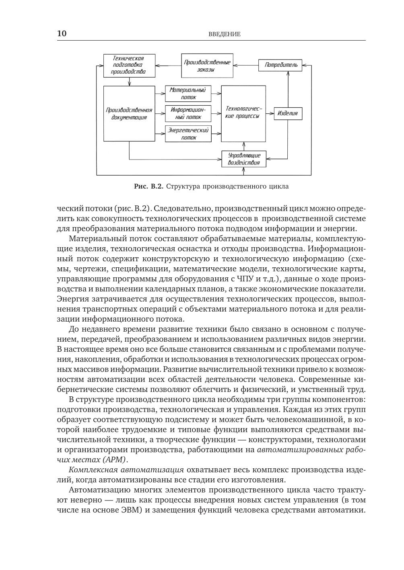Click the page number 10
click(x=62, y=33)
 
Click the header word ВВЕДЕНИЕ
click(x=224, y=34)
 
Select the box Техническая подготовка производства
click(x=129, y=65)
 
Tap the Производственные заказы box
click(x=207, y=66)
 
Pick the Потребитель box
click(x=281, y=65)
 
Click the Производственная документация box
click(x=129, y=113)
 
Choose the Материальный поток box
click(x=188, y=94)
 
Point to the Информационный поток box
click(x=188, y=113)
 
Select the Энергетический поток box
click(x=188, y=134)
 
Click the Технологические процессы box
click(x=243, y=113)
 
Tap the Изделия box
click(x=288, y=113)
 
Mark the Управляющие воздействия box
click(x=244, y=159)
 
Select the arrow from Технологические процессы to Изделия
click(x=270, y=114)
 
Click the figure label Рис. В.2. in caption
click(x=148, y=187)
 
